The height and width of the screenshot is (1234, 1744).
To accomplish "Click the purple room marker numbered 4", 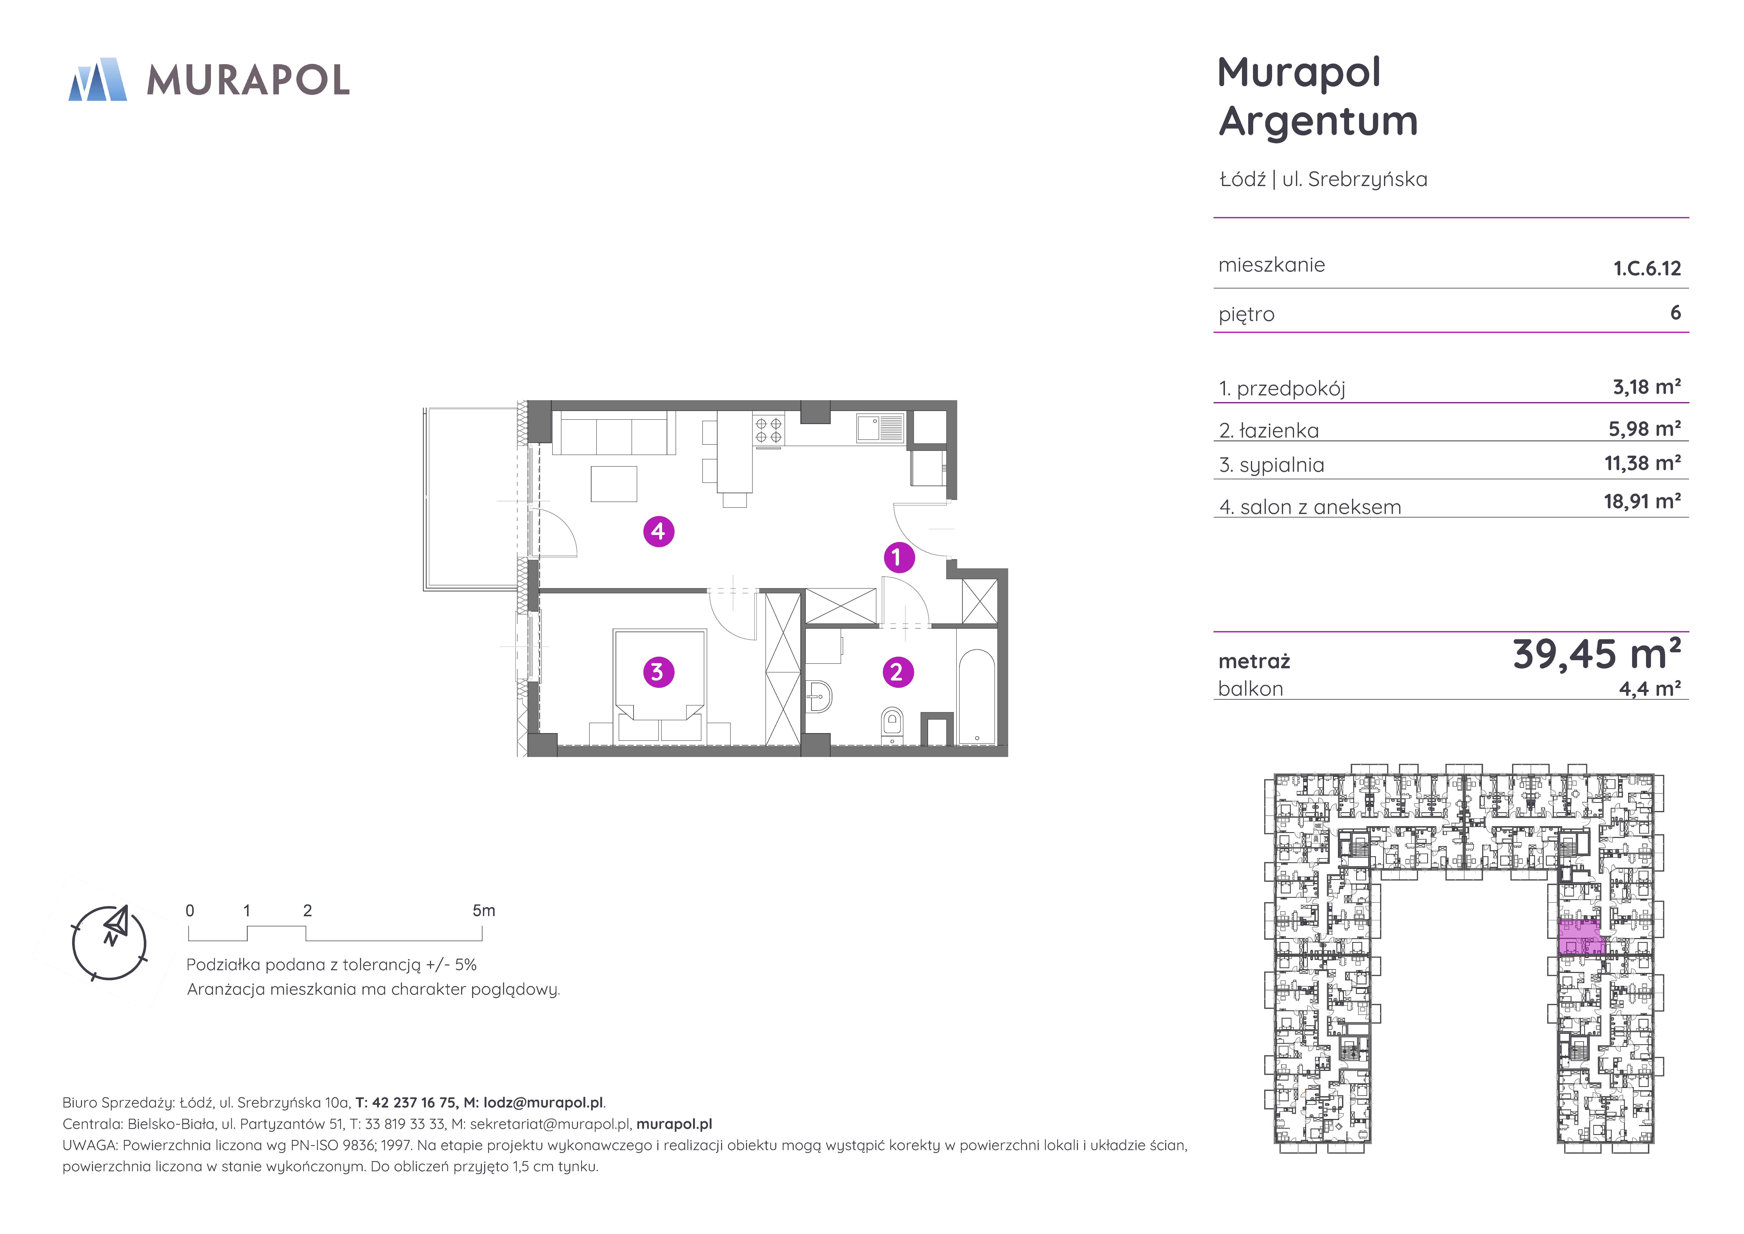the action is tap(659, 531).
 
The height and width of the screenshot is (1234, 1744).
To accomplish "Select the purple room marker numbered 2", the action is tap(898, 672).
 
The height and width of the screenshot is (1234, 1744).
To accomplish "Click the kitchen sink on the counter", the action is tap(880, 428).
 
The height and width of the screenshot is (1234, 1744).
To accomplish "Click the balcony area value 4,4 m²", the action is tap(1650, 688).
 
